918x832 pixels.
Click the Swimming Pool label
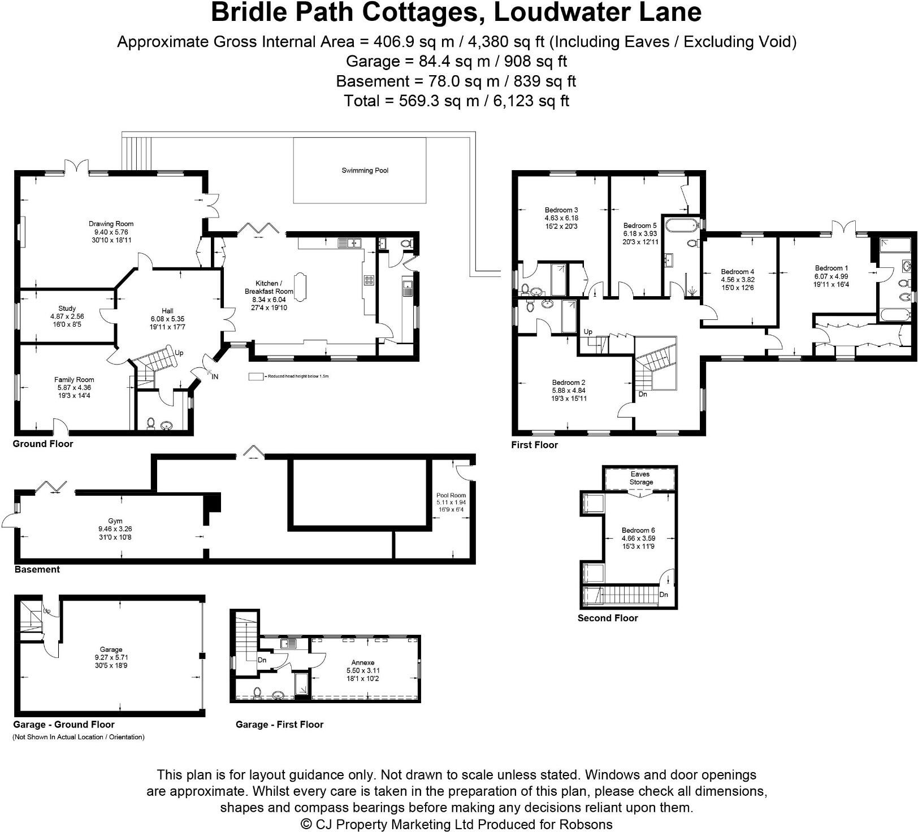tap(365, 170)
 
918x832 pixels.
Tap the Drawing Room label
tap(111, 224)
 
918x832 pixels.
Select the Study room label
tap(67, 309)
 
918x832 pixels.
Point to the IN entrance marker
tap(215, 376)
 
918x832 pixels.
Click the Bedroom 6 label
tap(638, 530)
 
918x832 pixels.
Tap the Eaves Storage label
tap(640, 478)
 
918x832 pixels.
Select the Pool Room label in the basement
tap(451, 495)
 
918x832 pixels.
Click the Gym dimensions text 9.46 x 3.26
tap(115, 529)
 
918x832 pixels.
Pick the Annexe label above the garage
tap(362, 662)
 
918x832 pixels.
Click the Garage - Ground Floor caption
tap(64, 725)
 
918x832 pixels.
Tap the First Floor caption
tap(534, 445)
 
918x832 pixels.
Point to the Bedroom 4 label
tap(738, 271)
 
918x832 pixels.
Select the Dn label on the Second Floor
tap(664, 595)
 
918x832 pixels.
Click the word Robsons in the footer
tap(586, 824)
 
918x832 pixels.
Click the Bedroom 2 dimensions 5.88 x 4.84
tap(569, 390)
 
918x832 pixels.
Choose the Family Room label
tap(74, 380)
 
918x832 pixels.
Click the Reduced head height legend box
tap(256, 376)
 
